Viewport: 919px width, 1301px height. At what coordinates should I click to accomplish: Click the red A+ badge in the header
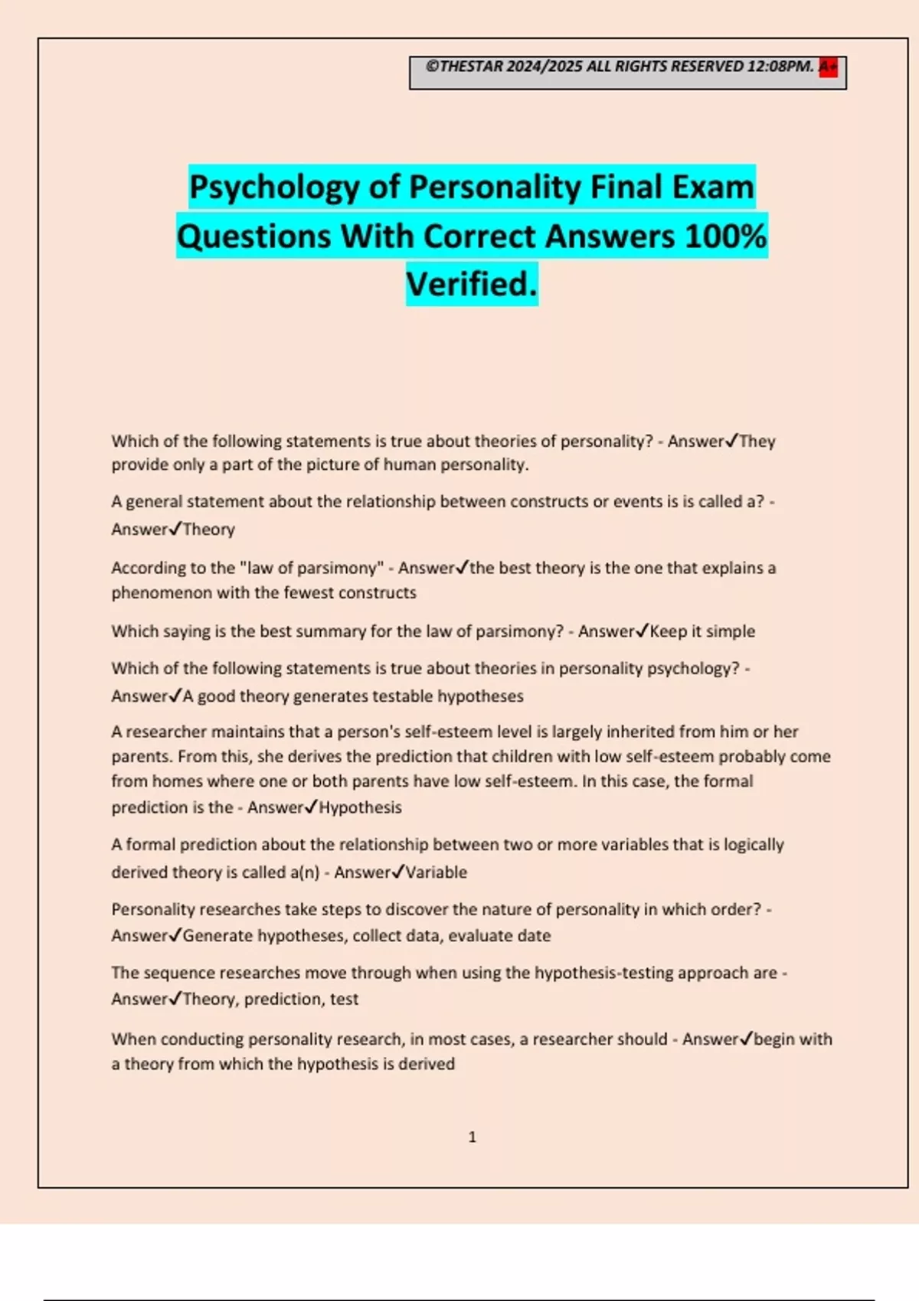(828, 67)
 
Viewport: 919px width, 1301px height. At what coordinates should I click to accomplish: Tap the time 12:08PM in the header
(780, 67)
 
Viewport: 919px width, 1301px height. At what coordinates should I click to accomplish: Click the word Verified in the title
(471, 284)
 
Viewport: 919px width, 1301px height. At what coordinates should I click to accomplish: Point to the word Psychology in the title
(274, 187)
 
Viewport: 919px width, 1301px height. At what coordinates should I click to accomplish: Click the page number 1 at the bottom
(473, 1137)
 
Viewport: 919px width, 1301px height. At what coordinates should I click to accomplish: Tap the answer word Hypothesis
(360, 807)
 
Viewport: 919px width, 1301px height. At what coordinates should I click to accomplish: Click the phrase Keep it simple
(702, 631)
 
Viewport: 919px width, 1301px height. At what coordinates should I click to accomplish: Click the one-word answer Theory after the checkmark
(208, 530)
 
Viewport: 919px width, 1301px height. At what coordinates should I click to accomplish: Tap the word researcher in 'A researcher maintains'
(166, 732)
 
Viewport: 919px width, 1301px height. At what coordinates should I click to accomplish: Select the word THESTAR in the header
(471, 67)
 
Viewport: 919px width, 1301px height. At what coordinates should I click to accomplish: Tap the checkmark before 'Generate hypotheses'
(175, 935)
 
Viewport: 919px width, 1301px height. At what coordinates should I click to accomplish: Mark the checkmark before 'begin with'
(746, 1039)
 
